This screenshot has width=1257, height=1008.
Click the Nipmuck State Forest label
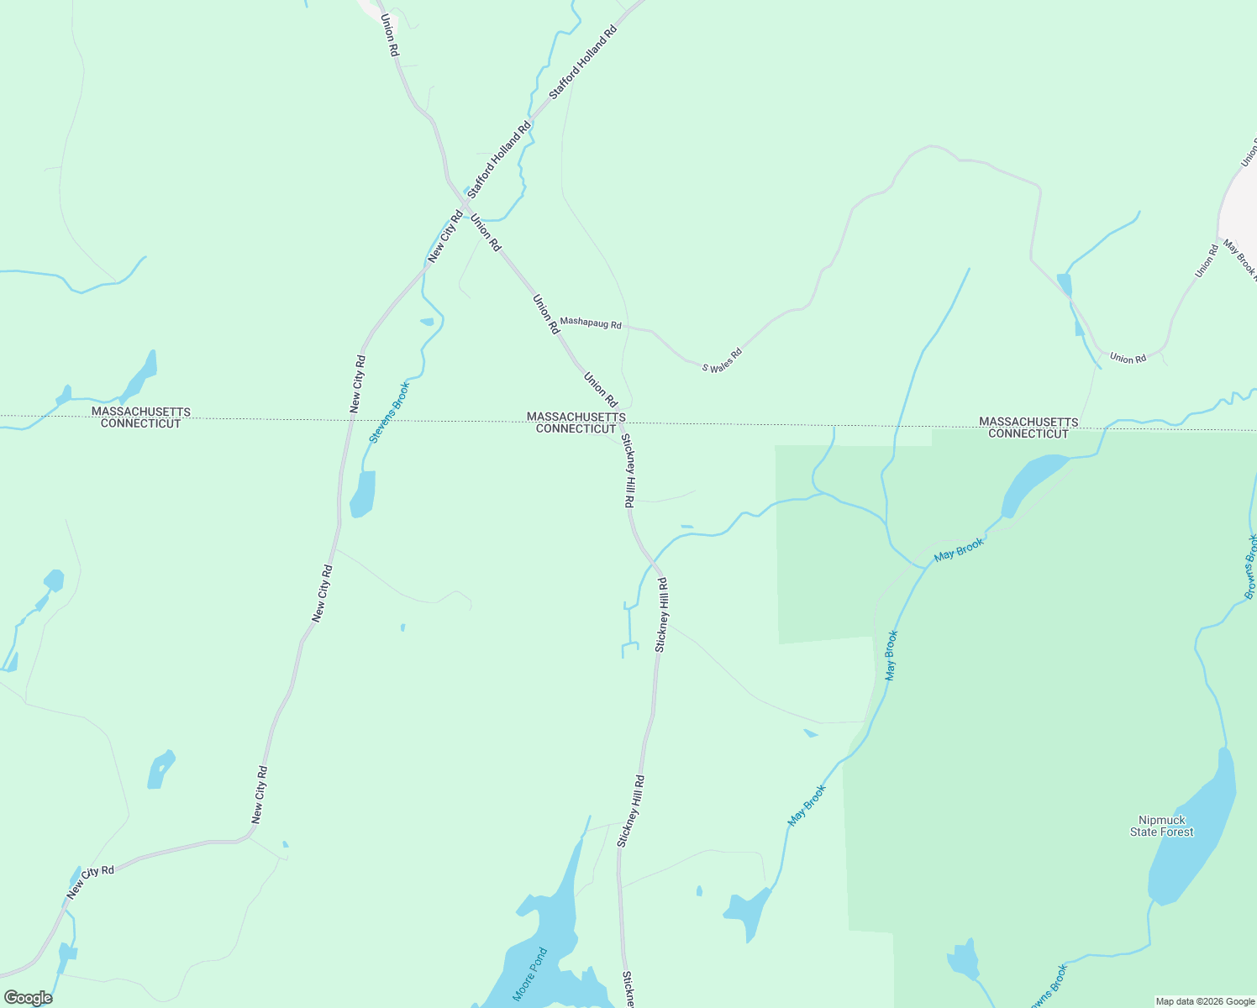click(x=1161, y=826)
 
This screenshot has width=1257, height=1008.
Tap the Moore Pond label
click(x=530, y=974)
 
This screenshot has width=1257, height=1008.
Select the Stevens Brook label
click(x=390, y=412)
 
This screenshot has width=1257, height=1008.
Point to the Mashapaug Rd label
click(x=591, y=323)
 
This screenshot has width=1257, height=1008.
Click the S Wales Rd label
click(x=723, y=361)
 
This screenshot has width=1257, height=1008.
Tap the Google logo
click(x=27, y=998)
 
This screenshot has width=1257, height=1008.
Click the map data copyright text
click(x=1204, y=1001)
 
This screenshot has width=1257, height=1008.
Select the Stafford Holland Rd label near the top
click(x=583, y=62)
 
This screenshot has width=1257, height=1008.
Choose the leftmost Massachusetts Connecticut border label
click(x=140, y=417)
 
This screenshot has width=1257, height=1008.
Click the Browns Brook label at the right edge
click(x=1250, y=566)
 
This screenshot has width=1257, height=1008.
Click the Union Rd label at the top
click(x=389, y=34)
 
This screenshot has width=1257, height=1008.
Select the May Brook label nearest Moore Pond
click(x=807, y=805)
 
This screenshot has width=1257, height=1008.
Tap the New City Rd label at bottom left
click(x=90, y=882)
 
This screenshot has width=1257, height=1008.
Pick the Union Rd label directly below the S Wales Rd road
click(x=1128, y=359)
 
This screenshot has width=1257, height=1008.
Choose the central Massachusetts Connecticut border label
click(x=576, y=423)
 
